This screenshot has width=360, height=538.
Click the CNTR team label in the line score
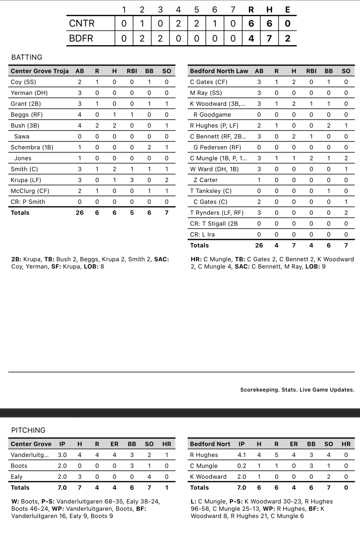pyautogui.click(x=82, y=23)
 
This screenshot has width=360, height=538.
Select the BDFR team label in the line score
pyautogui.click(x=81, y=39)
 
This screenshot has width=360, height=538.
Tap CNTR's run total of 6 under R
pyautogui.click(x=251, y=23)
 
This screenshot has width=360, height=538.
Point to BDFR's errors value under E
pyautogui.click(x=287, y=39)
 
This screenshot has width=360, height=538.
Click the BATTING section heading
pyautogui.click(x=27, y=57)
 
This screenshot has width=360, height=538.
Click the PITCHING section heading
pyautogui.click(x=28, y=430)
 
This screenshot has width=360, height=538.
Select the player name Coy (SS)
pyautogui.click(x=23, y=82)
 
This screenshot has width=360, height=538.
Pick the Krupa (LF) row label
pyautogui.click(x=26, y=180)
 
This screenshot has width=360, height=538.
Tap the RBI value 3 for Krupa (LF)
pyautogui.click(x=132, y=180)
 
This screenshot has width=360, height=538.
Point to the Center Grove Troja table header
pyautogui.click(x=40, y=71)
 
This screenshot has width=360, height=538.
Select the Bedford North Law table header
pyautogui.click(x=219, y=71)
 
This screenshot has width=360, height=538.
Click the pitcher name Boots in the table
pyautogui.click(x=19, y=466)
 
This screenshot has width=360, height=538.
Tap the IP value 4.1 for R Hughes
pyautogui.click(x=242, y=455)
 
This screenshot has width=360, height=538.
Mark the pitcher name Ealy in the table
pyautogui.click(x=16, y=477)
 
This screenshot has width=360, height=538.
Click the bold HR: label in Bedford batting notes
pyautogui.click(x=196, y=259)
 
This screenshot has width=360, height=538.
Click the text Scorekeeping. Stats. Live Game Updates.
pyautogui.click(x=297, y=390)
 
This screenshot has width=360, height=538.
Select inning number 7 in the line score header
pyautogui.click(x=233, y=10)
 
